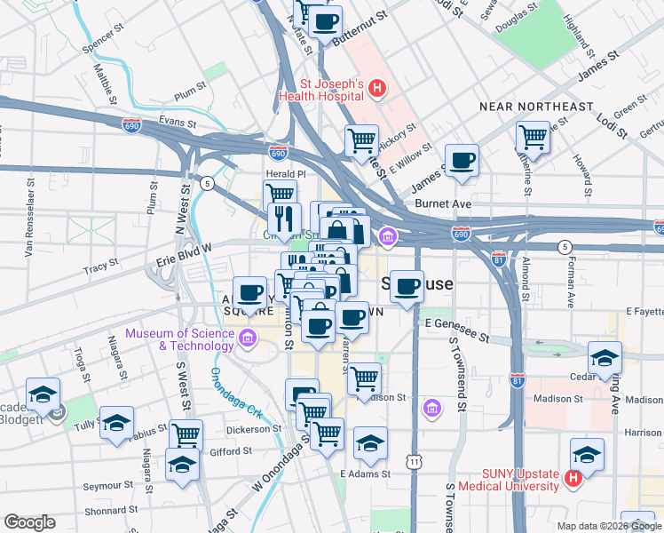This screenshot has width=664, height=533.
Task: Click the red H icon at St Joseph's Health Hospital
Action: (x=378, y=88)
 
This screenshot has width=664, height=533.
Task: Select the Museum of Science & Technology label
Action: (x=180, y=339)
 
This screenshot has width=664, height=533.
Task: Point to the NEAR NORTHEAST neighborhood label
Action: (x=536, y=107)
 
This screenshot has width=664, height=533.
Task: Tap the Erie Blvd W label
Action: (x=184, y=251)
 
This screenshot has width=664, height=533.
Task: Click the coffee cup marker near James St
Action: (x=462, y=161)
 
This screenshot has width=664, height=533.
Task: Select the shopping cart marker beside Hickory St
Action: (x=361, y=140)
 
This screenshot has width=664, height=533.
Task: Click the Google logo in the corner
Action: (x=28, y=522)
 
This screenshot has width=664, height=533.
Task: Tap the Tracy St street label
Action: (x=100, y=265)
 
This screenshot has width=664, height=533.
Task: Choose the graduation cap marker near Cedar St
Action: (x=604, y=357)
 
